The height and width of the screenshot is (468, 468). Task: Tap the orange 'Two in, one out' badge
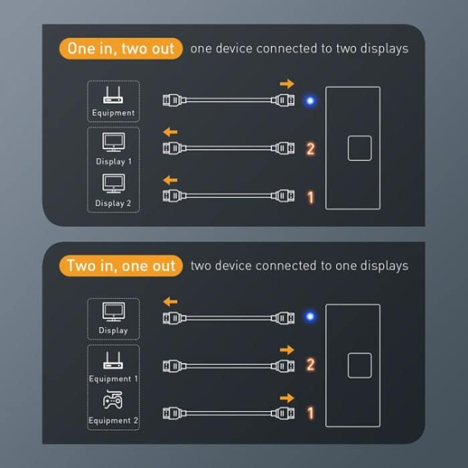pos(121,265)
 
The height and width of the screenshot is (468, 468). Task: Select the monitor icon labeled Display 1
pos(113,142)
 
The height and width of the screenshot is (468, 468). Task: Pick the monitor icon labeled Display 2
pos(113,183)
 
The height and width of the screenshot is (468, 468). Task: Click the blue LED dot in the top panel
pos(310,101)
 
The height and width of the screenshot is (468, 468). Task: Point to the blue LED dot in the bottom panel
pos(310,316)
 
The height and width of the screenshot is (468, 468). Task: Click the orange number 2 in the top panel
pos(310,148)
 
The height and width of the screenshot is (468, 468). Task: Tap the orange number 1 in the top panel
pos(310,197)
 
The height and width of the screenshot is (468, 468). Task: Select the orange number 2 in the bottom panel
pos(310,365)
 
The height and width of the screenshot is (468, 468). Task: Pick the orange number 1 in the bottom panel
pos(310,413)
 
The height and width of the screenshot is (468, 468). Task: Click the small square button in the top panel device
pos(359,148)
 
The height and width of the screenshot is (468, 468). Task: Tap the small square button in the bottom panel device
pos(359,365)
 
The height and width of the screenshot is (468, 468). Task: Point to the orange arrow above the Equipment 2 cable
pos(287,398)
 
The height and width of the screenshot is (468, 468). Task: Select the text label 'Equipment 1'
pos(114,379)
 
